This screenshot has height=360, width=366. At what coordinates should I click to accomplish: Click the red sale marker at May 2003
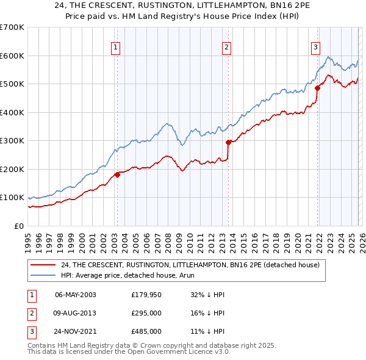point(117,175)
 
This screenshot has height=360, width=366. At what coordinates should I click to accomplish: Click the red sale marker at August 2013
point(228,142)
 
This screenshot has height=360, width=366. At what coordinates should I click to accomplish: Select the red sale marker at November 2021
point(317,88)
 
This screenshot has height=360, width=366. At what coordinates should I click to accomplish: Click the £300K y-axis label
point(12,141)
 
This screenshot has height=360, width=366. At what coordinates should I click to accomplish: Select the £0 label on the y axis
point(18,226)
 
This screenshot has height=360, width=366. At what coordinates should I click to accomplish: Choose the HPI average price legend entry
point(119,275)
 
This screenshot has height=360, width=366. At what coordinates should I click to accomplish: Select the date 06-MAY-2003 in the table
point(75,295)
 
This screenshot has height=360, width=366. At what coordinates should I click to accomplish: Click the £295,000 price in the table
point(146,313)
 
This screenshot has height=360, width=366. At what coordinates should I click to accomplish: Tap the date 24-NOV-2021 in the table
point(75,331)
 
